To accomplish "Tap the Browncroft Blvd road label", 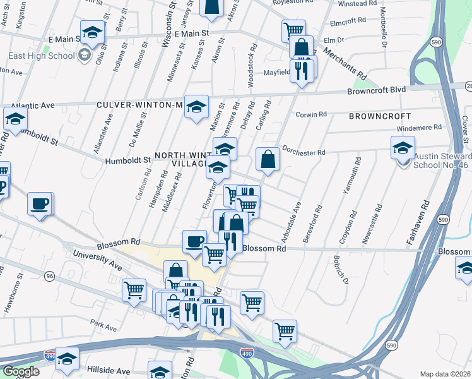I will click(376, 90).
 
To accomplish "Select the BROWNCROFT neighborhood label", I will click(379, 117).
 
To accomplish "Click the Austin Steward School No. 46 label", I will click(442, 160).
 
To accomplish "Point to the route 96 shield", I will click(49, 276).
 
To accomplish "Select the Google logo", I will click(20, 371).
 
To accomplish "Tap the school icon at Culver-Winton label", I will click(196, 107).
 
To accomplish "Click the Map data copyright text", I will click(445, 374).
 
